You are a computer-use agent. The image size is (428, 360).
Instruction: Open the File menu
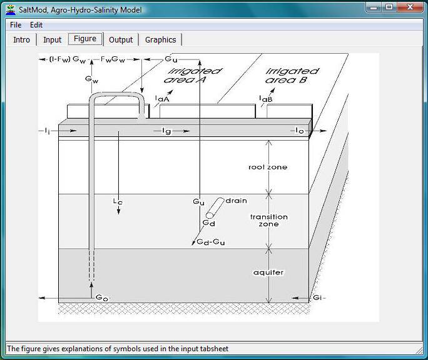click(x=16, y=25)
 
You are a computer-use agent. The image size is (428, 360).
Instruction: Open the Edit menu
click(x=36, y=25)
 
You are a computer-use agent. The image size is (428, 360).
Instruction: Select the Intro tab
click(x=21, y=39)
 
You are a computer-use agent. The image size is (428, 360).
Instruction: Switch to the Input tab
click(x=52, y=39)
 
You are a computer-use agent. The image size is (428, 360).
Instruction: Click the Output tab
click(x=121, y=39)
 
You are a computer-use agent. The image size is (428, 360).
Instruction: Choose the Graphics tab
click(x=160, y=39)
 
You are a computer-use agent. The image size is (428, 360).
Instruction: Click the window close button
click(x=409, y=7)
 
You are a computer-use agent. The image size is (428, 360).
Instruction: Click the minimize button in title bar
click(x=374, y=7)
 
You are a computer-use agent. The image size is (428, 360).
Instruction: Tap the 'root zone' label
click(x=268, y=167)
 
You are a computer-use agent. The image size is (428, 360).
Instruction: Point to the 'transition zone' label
click(x=269, y=221)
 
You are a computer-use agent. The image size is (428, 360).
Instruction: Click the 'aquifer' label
click(x=268, y=272)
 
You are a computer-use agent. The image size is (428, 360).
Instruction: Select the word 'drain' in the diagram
click(x=237, y=201)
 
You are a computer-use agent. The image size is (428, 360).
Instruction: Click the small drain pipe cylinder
click(x=215, y=208)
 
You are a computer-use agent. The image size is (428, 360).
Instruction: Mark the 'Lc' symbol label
click(x=118, y=201)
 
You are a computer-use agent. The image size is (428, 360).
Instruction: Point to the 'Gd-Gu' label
click(x=211, y=242)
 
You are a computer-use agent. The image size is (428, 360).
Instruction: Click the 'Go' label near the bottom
click(x=102, y=297)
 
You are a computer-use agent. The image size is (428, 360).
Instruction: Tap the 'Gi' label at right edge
click(x=317, y=297)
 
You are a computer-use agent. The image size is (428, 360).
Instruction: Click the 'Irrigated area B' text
click(x=292, y=76)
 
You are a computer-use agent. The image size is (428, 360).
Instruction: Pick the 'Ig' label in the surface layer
click(x=166, y=131)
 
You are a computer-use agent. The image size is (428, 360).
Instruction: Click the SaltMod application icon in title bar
click(x=11, y=10)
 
